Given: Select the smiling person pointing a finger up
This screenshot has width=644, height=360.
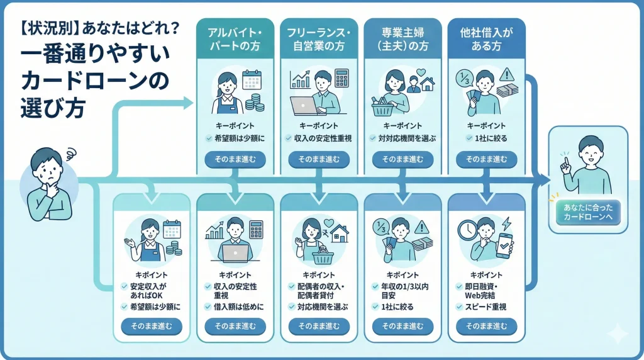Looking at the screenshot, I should point(587,165).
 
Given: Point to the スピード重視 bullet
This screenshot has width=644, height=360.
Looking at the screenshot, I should point(486,307).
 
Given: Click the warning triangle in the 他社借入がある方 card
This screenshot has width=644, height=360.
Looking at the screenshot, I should point(505,77).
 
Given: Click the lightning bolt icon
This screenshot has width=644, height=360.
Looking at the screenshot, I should point(506,225).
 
